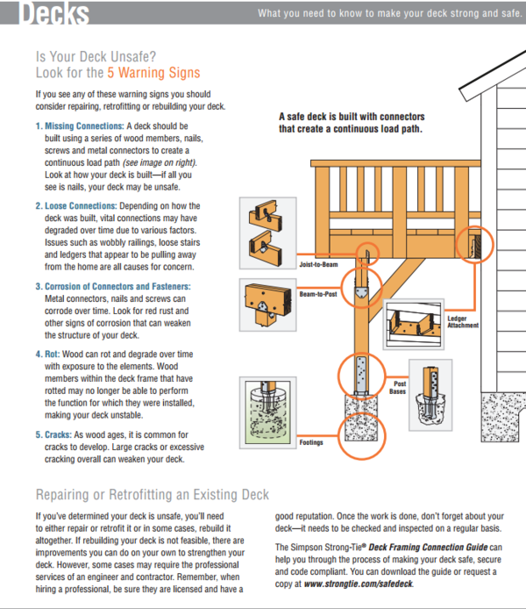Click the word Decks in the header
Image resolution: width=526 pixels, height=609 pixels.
coord(53,14)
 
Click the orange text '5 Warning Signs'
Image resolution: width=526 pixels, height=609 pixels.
coord(153,73)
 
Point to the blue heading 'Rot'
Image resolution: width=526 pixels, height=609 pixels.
coord(52,354)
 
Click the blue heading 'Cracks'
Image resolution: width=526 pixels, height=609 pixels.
coord(59,433)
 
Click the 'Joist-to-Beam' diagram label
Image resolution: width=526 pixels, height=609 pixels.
coord(318,262)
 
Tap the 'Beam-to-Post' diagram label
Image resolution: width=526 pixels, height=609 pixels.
coord(317,295)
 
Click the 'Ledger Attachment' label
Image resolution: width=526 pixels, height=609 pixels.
coord(463,322)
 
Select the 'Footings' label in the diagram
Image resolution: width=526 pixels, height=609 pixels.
coord(311,442)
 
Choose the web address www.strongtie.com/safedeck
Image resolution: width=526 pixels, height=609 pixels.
coord(359,583)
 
